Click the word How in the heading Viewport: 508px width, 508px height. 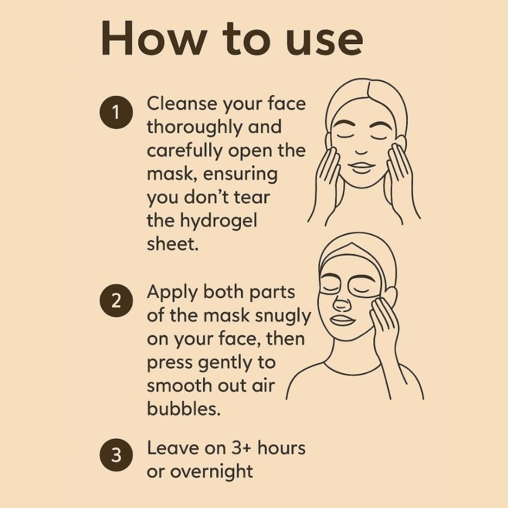coord(154,38)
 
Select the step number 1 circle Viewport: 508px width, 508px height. coord(116,112)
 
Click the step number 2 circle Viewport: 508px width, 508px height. coord(116,301)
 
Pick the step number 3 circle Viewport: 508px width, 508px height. coord(116,455)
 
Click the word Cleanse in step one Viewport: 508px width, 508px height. coord(182,104)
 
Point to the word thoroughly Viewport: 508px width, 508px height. coord(195,128)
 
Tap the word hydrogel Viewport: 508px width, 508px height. coord(218,221)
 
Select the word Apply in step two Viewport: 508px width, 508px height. coord(172,293)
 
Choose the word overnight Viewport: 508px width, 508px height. coord(211,472)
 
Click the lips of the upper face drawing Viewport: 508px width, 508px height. coord(363,168)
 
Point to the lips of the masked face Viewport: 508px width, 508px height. coord(342,320)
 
